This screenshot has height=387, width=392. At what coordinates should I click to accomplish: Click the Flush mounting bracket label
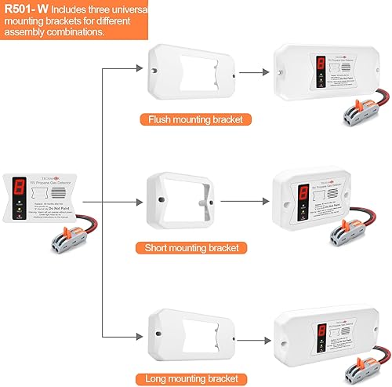click(189, 120)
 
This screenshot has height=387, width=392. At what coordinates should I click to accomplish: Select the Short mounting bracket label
click(189, 247)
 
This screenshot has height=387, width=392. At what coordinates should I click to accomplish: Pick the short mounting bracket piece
click(189, 201)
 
